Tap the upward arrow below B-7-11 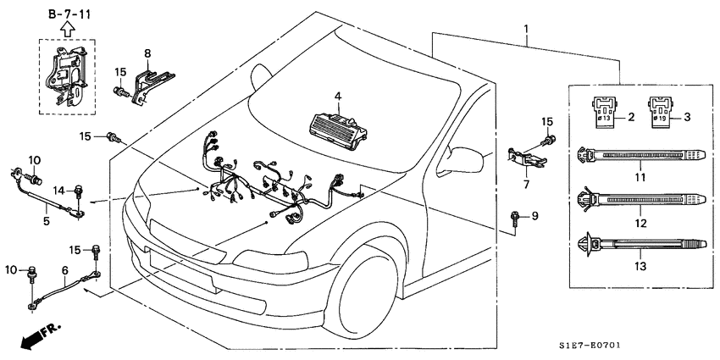pos(67,30)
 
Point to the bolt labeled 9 pos(518,219)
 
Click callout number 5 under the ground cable pos(47,221)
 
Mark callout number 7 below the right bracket pos(525,184)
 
